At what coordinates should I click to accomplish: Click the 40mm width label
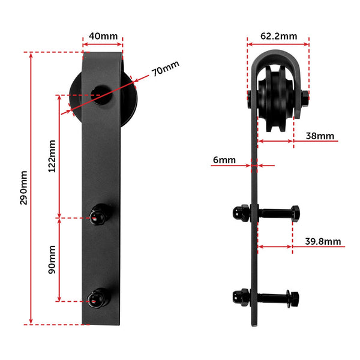103,36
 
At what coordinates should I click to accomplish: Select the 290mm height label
24,188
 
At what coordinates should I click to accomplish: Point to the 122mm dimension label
52,155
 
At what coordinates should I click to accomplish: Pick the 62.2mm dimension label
278,36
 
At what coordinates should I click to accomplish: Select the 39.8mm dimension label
323,242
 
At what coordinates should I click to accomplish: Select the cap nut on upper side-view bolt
241,212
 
